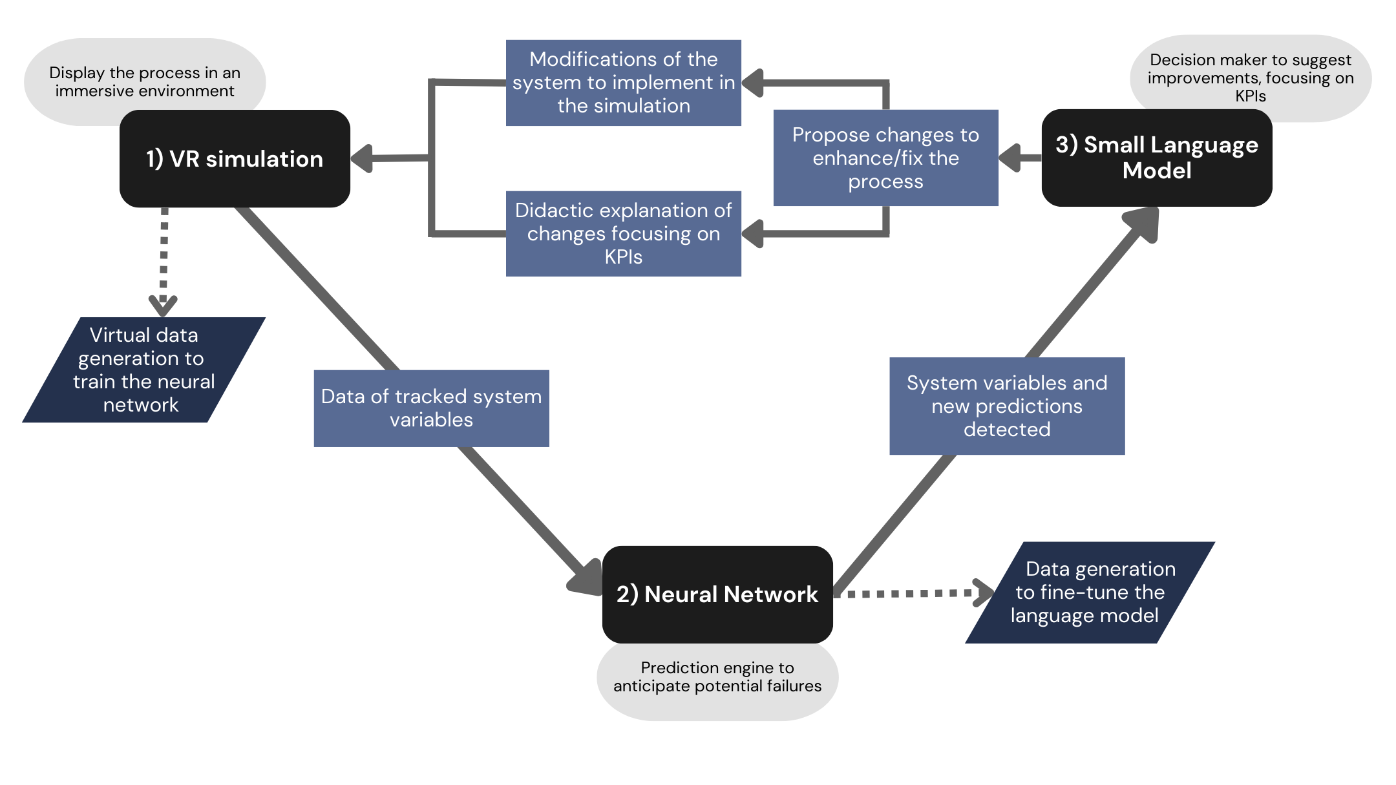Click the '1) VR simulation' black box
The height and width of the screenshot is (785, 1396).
pos(235,159)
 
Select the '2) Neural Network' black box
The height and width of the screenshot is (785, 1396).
pos(717,594)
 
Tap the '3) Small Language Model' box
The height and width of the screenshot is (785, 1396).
pos(1156,158)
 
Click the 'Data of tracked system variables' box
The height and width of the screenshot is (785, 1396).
pos(431,408)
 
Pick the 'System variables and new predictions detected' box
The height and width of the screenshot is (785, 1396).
pos(1006,406)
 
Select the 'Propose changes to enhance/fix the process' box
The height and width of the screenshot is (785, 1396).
pos(885,158)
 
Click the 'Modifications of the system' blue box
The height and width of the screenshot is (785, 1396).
pos(623,83)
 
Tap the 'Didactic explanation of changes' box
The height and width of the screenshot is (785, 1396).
pos(623,233)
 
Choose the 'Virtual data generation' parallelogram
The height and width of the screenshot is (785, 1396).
pos(143,370)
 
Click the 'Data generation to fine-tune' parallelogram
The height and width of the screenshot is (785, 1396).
pos(1090,592)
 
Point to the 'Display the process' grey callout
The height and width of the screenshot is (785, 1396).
pos(144,81)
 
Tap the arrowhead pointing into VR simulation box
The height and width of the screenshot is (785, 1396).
pos(362,158)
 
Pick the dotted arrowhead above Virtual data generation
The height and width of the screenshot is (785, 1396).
pos(163,304)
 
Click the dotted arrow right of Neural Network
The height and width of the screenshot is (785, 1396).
pos(982,593)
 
